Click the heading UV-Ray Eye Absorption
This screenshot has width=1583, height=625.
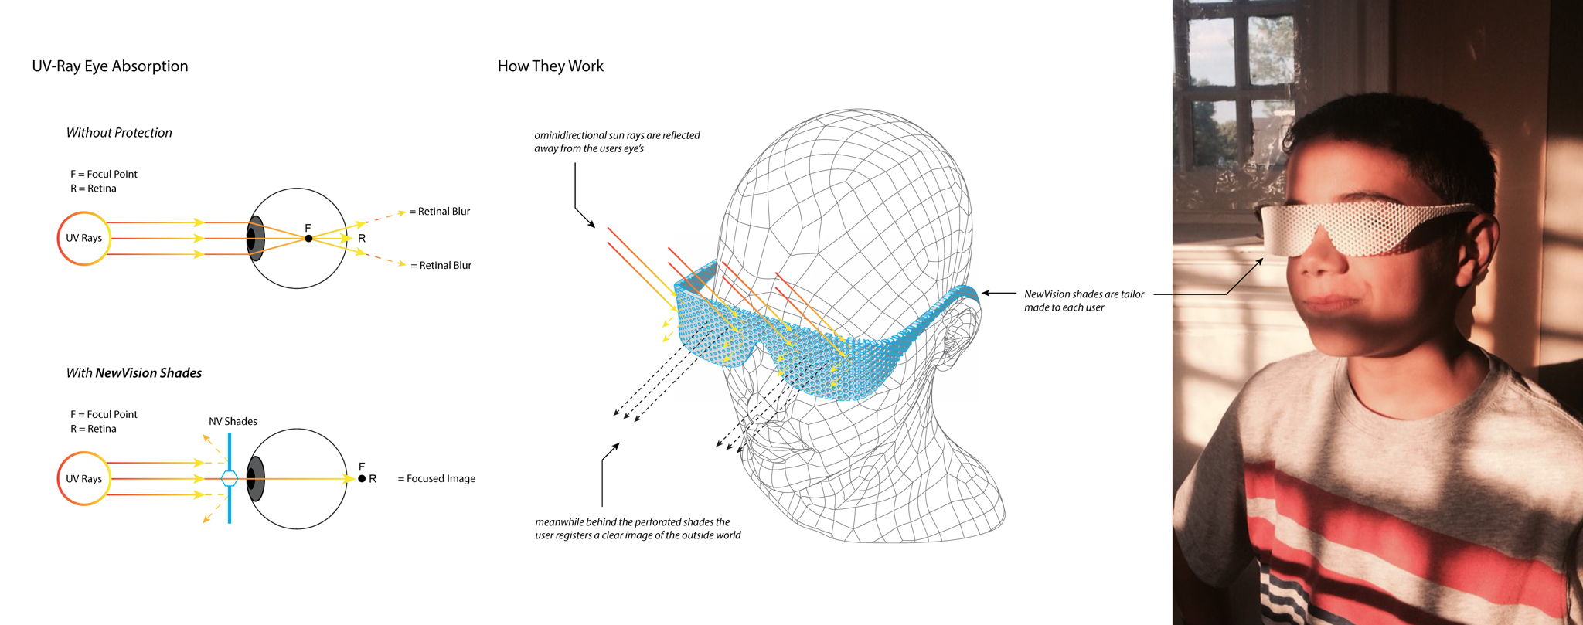tap(110, 66)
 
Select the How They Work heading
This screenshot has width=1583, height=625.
tap(550, 66)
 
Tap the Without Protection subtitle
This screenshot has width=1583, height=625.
tap(119, 133)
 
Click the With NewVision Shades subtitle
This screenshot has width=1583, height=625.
tap(134, 373)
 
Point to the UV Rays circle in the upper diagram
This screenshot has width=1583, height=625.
tap(84, 238)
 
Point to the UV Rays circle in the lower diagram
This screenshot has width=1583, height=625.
tap(84, 479)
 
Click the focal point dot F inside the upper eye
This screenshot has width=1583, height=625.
tap(308, 239)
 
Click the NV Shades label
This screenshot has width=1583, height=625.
tap(233, 422)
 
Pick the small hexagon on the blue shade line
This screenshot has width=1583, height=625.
tap(230, 478)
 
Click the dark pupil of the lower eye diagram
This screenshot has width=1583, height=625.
tap(254, 479)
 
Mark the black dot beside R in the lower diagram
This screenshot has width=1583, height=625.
tap(362, 479)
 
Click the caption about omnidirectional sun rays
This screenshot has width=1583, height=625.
tap(617, 141)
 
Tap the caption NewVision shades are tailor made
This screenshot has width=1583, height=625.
tap(1084, 301)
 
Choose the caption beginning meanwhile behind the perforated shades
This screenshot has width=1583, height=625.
tap(638, 528)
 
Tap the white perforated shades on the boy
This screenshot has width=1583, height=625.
tap(1360, 227)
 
